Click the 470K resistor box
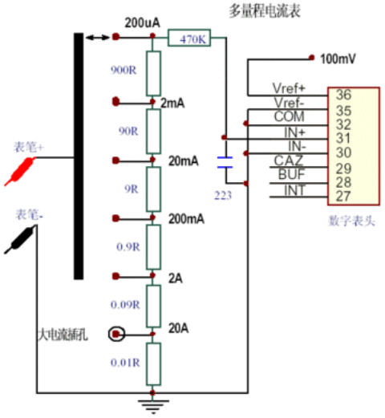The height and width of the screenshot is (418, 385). click(x=189, y=38)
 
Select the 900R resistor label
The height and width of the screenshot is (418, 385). click(x=124, y=71)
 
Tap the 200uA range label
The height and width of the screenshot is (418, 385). click(x=142, y=22)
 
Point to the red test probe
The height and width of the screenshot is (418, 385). click(x=20, y=172)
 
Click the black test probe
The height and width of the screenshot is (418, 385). click(x=20, y=239)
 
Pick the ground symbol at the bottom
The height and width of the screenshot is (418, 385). click(x=153, y=407)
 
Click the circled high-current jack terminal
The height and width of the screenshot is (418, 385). click(x=116, y=334)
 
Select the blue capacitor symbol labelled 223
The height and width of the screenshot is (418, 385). click(x=225, y=163)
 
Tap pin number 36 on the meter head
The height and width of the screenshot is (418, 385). click(x=343, y=95)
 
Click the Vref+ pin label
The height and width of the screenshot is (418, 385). click(x=289, y=88)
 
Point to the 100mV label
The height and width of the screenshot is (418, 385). click(x=338, y=59)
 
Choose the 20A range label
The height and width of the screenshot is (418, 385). click(x=178, y=328)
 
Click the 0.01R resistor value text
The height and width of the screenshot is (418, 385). click(x=125, y=363)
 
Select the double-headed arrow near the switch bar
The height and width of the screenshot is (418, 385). click(x=98, y=38)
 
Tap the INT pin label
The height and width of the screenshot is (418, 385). click(x=294, y=190)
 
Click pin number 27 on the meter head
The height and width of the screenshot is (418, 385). click(x=343, y=197)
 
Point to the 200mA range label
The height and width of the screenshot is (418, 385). click(x=186, y=219)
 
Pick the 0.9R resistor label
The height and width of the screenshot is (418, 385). click(x=128, y=247)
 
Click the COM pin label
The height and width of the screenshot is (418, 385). click(x=290, y=116)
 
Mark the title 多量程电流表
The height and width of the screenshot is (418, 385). click(x=265, y=11)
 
